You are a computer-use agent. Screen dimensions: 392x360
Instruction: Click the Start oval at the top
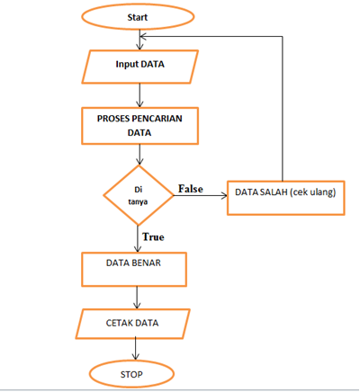tap(138, 17)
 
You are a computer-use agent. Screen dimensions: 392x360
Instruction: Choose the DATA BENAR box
tap(135, 267)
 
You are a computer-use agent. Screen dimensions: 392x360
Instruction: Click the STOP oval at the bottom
tap(132, 371)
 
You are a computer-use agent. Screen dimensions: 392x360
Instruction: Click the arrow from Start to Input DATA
tap(138, 40)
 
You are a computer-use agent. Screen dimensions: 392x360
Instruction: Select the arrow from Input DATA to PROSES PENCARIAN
tap(138, 93)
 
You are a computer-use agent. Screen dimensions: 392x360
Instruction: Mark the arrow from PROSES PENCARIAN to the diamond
tap(138, 154)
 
